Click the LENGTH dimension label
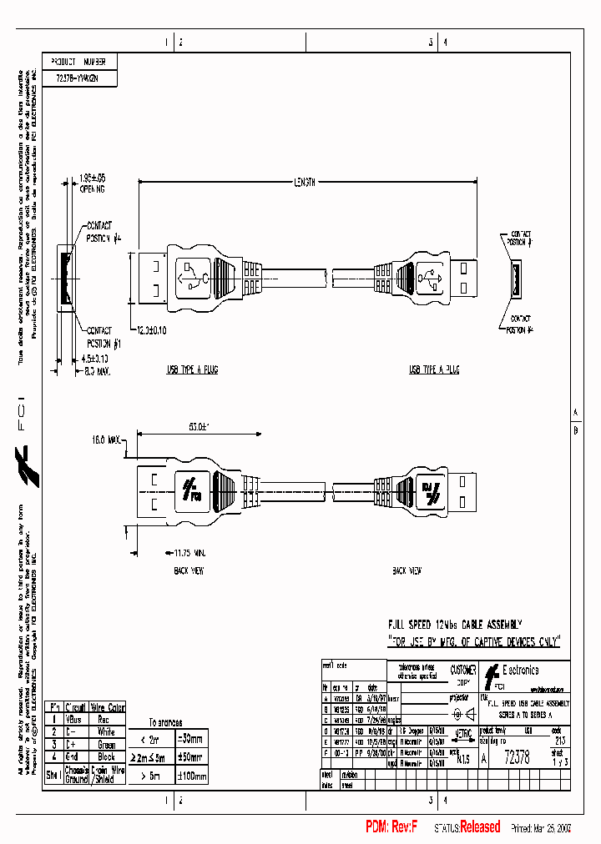tap(304, 182)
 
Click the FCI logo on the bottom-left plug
tap(192, 486)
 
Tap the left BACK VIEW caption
tap(189, 571)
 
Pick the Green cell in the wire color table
tap(106, 744)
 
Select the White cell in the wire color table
tap(106, 731)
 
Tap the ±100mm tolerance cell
tap(191, 776)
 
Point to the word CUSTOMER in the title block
tap(463, 670)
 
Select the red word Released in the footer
tap(480, 826)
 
